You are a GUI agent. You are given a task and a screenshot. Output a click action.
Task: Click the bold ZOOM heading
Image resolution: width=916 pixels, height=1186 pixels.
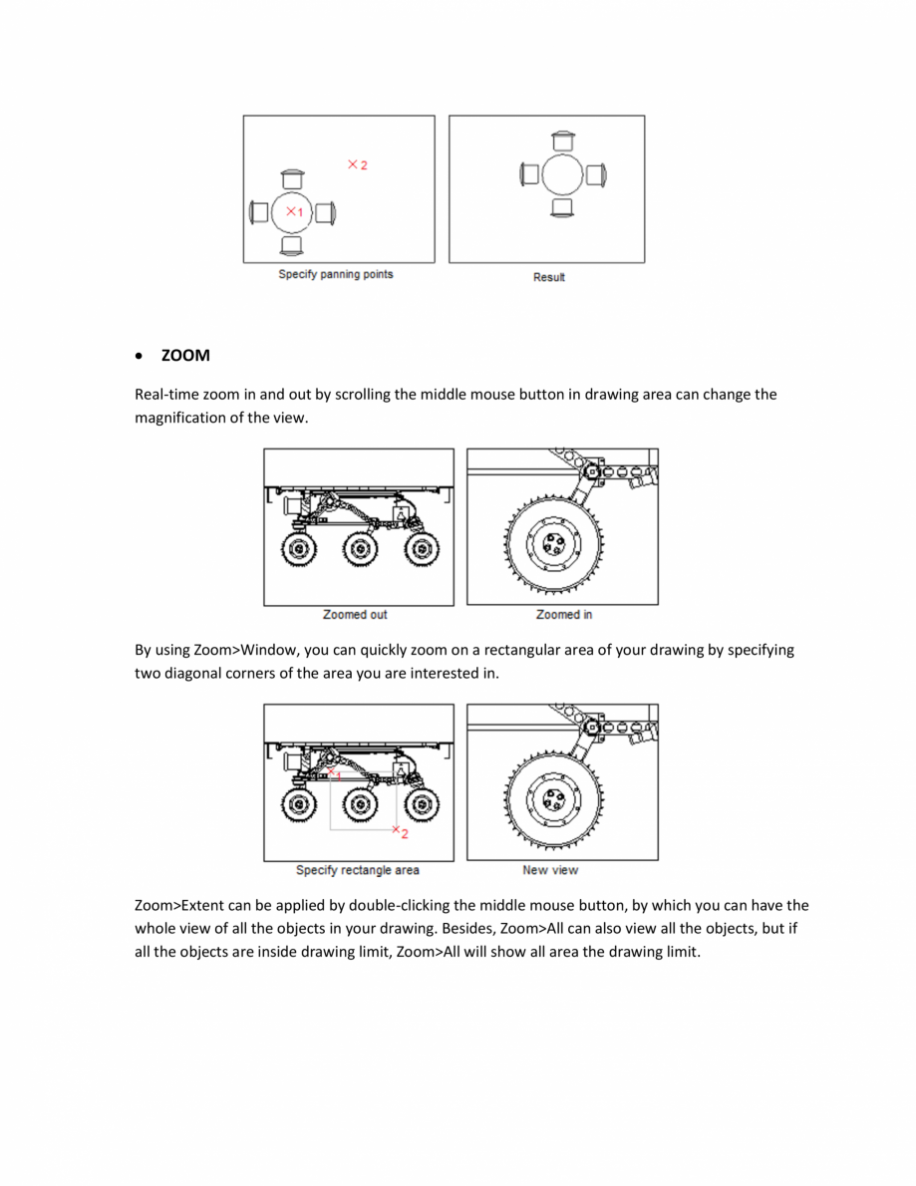point(185,356)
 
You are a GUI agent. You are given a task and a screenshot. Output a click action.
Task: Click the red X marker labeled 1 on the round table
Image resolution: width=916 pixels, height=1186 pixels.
point(291,211)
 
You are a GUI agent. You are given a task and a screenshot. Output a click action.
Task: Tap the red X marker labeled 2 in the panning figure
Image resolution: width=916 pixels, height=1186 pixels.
point(353,164)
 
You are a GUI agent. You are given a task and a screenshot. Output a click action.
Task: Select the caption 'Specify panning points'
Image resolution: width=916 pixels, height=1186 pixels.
point(335,274)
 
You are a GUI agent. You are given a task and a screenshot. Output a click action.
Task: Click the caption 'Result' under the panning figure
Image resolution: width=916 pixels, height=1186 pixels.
point(548,277)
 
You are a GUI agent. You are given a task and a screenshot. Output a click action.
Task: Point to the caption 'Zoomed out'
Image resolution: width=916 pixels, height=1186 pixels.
point(355,615)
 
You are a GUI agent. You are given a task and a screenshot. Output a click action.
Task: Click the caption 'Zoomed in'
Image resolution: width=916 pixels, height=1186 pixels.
point(564,615)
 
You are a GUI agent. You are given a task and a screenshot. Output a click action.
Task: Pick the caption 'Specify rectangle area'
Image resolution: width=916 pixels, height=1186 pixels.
point(357,870)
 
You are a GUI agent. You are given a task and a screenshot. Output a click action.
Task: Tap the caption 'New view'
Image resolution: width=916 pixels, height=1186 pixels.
point(550,870)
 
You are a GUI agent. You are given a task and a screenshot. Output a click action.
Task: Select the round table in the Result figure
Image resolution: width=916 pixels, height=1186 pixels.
point(562,174)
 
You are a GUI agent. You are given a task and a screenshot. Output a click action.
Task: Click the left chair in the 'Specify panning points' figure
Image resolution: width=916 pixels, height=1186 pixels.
point(258,212)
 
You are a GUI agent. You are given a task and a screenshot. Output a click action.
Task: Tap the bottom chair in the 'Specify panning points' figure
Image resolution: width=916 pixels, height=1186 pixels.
point(291,245)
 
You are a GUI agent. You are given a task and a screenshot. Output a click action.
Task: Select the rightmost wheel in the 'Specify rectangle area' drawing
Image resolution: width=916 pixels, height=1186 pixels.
point(424,803)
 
